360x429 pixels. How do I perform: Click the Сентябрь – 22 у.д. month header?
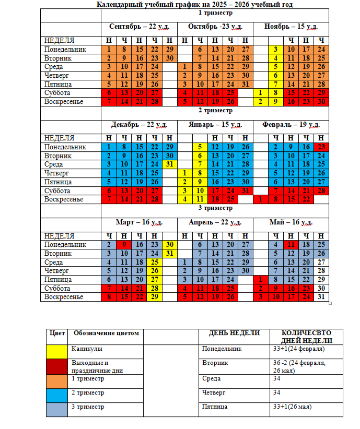click(x=138, y=26)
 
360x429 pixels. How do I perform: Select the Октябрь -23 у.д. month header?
click(x=215, y=26)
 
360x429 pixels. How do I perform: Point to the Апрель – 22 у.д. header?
click(x=214, y=222)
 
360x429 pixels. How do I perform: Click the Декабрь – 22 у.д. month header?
click(x=138, y=125)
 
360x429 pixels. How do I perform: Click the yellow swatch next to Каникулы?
click(x=56, y=351)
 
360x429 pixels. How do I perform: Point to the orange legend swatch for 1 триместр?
click(x=56, y=380)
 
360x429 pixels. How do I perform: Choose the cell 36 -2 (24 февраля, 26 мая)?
click(x=302, y=366)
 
